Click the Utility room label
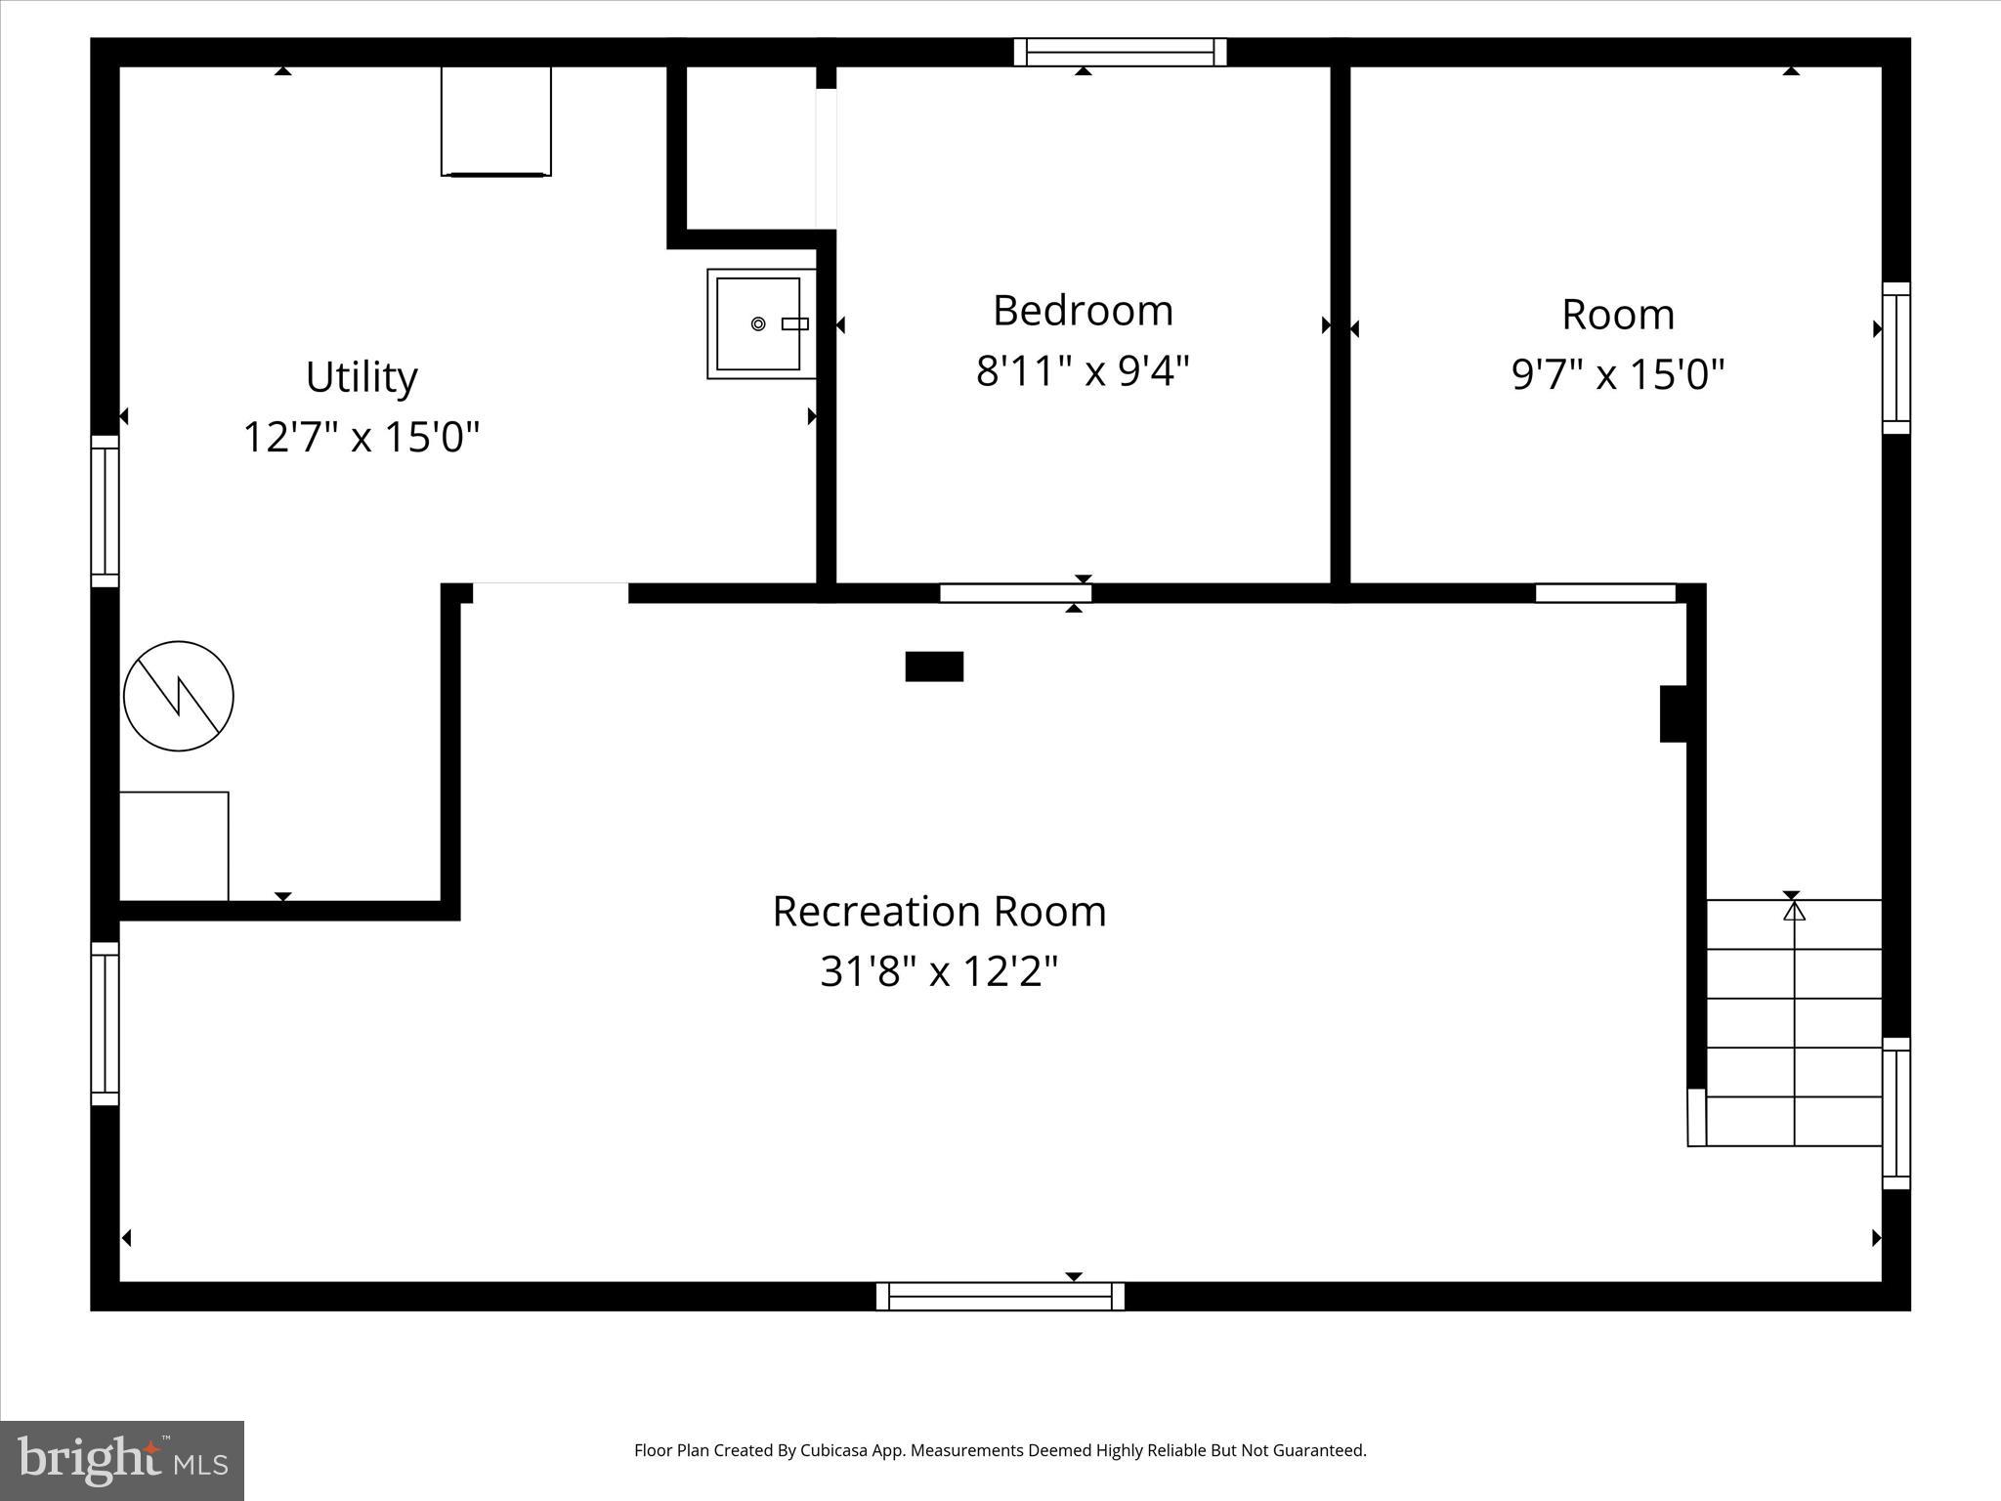pyautogui.click(x=362, y=377)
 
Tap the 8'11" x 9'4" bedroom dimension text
pyautogui.click(x=1083, y=371)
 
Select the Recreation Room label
pyautogui.click(x=939, y=912)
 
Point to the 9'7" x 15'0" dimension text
pyautogui.click(x=1618, y=374)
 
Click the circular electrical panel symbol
pyautogui.click(x=179, y=696)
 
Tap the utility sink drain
pyautogui.click(x=758, y=324)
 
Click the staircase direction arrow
pyautogui.click(x=1794, y=912)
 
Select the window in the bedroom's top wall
pyautogui.click(x=1120, y=52)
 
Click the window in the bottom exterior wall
pyautogui.click(x=1000, y=1297)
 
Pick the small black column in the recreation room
pyautogui.click(x=934, y=666)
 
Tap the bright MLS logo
pyautogui.click(x=122, y=1460)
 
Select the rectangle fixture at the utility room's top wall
pyautogui.click(x=496, y=121)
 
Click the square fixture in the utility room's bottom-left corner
pyautogui.click(x=174, y=846)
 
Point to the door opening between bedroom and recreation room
pyautogui.click(x=1015, y=593)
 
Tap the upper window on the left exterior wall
pyautogui.click(x=105, y=511)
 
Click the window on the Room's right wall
pyautogui.click(x=1895, y=358)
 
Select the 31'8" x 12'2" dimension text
pyautogui.click(x=939, y=972)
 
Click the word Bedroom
pyautogui.click(x=1083, y=311)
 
